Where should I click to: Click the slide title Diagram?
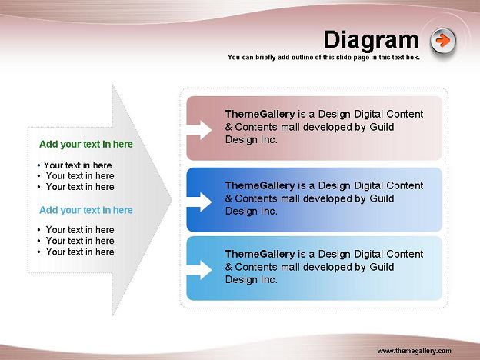tap(371, 40)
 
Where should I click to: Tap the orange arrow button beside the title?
tap(442, 41)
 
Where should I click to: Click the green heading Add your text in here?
tap(86, 144)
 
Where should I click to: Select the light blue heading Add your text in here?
tap(86, 210)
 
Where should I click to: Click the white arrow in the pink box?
tap(199, 130)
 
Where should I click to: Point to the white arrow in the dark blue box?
tap(199, 202)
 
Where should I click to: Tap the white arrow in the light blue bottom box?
tap(199, 270)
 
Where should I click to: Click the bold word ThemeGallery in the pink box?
tap(260, 114)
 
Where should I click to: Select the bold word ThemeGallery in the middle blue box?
tap(260, 186)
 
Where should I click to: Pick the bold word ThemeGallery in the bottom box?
tap(260, 254)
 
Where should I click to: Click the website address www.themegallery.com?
tap(414, 351)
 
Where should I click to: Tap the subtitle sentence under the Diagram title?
tap(324, 57)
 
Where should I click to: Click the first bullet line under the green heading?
tap(75, 165)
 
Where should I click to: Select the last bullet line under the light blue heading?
tap(76, 252)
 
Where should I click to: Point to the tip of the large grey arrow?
tap(172, 200)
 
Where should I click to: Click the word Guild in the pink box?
tap(382, 127)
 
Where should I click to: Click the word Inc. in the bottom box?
tap(269, 279)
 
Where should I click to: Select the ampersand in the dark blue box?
tap(228, 198)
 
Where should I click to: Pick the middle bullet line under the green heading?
tap(76, 176)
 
